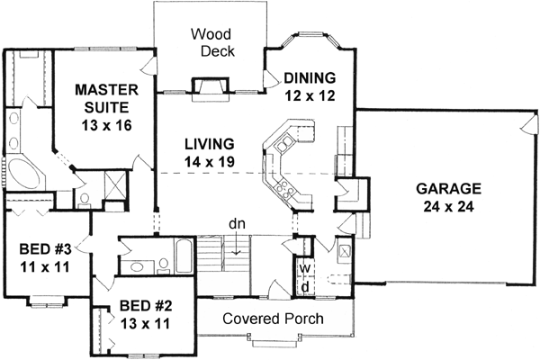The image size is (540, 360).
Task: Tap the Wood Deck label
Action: [212, 42]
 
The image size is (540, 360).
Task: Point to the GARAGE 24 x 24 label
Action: [448, 197]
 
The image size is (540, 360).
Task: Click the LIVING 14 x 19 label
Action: [210, 152]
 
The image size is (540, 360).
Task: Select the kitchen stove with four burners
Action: [287, 189]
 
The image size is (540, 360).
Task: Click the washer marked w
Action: [305, 267]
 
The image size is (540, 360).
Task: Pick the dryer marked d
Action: [305, 286]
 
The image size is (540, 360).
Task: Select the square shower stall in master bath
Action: [115, 192]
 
